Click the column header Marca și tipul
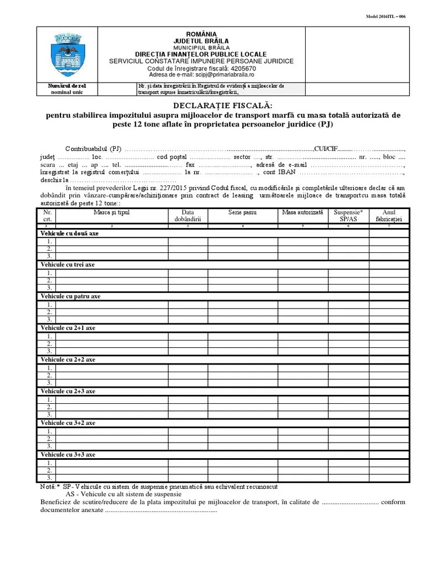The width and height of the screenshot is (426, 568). point(111,212)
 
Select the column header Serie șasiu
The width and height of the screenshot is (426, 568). point(242,212)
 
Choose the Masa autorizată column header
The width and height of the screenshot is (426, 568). point(302,212)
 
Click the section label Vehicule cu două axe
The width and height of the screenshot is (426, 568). point(69,234)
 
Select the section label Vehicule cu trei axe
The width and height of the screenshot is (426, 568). point(68,265)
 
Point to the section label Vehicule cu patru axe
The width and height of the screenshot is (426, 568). point(70,296)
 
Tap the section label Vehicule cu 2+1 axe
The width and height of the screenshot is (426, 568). point(68,328)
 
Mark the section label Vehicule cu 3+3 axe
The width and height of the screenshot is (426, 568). point(68,454)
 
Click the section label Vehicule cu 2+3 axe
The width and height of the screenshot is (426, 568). point(68,391)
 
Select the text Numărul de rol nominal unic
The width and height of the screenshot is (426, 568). point(67,89)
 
